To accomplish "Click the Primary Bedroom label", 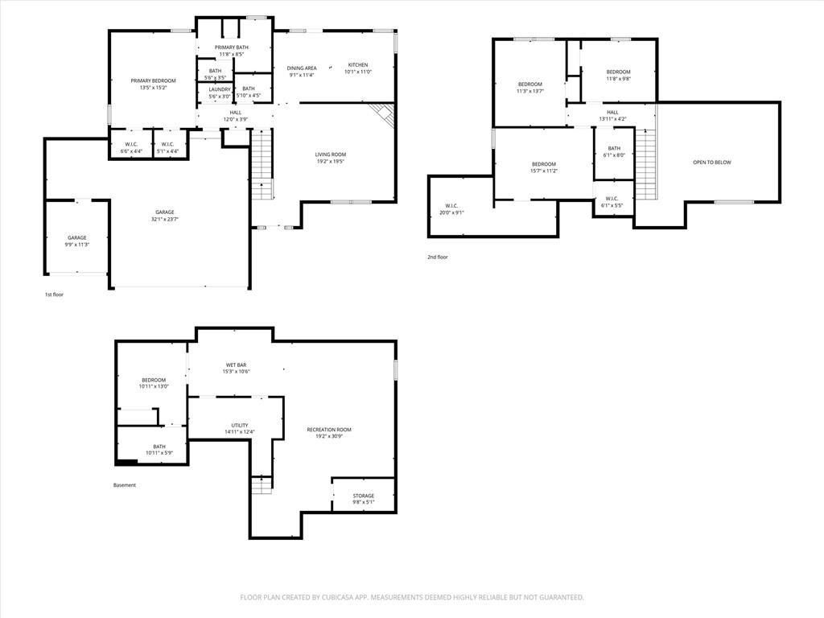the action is tap(153, 81).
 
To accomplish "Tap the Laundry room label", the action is tap(220, 90).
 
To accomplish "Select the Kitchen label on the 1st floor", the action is tap(358, 65).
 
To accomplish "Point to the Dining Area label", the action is tap(302, 68).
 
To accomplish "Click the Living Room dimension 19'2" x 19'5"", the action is tap(331, 162).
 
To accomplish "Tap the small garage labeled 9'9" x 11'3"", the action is tap(76, 241).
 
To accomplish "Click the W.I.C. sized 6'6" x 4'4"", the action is tap(131, 148).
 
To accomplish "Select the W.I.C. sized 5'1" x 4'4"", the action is tap(167, 148).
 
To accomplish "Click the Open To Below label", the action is tap(712, 163).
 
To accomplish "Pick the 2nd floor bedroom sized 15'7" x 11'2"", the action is tap(543, 167).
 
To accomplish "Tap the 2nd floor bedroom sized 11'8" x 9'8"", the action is tap(618, 75).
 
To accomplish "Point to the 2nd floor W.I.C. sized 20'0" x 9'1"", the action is tap(452, 209).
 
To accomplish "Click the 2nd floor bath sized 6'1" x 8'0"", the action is tap(614, 152).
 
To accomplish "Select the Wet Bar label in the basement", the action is tap(236, 365).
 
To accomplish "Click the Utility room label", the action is tap(240, 426).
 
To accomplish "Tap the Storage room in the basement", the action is tap(363, 499).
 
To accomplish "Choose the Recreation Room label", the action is tap(329, 430).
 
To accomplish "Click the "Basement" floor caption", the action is tap(125, 485).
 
